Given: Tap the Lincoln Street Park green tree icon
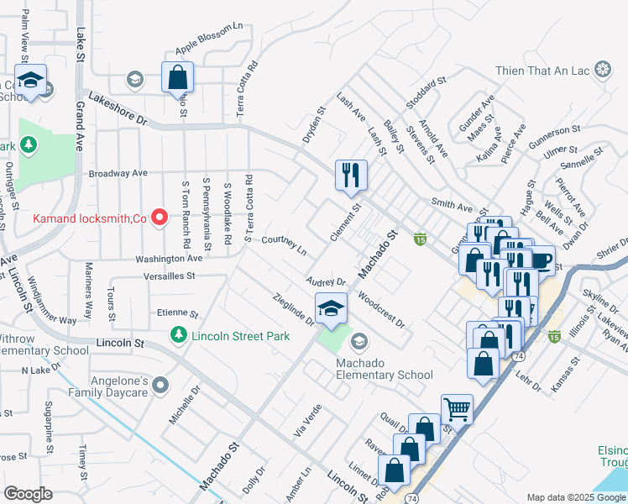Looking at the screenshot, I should tap(178, 336).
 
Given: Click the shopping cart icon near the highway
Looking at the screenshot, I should tap(457, 409).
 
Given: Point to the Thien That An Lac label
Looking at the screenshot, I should tap(544, 70).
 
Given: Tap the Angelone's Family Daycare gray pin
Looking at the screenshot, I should tap(161, 386).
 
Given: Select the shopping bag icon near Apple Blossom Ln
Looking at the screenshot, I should tap(178, 78).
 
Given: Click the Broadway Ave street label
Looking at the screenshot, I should tap(118, 173).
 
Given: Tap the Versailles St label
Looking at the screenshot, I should tap(166, 275).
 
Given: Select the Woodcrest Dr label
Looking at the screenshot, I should tap(381, 310).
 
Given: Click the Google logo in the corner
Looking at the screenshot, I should tap(28, 494).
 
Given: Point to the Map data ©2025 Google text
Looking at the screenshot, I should tap(575, 497).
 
